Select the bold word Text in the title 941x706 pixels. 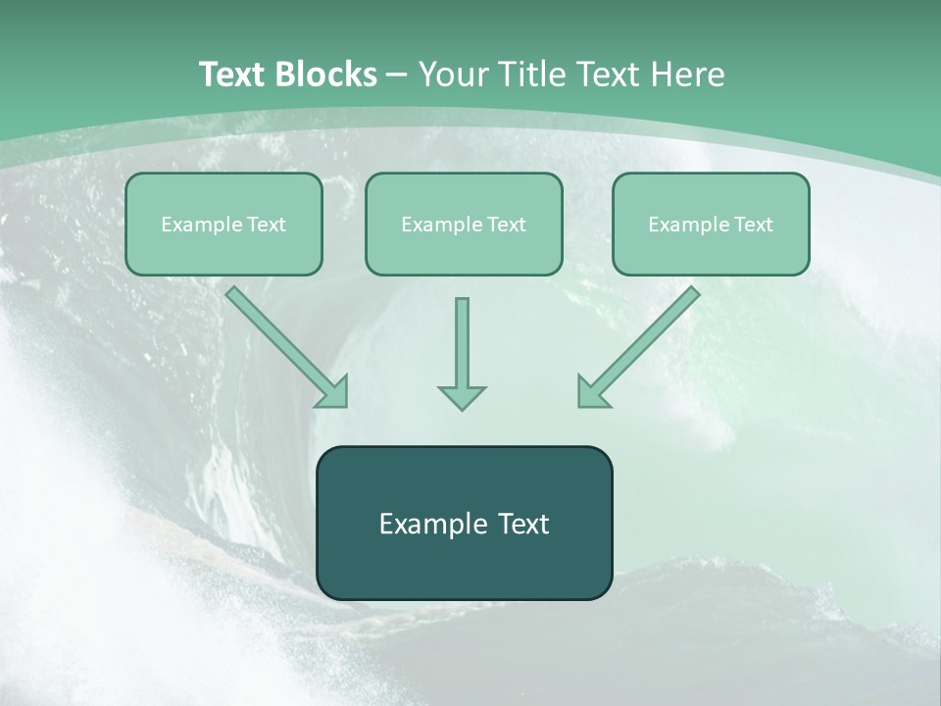(x=234, y=75)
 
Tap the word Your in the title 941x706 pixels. (x=456, y=75)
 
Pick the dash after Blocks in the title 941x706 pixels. (x=397, y=75)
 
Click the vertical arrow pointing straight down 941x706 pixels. (x=462, y=343)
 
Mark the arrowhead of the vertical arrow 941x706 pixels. (x=462, y=396)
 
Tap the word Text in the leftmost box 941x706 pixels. (x=267, y=225)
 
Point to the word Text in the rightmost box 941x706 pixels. (x=754, y=225)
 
